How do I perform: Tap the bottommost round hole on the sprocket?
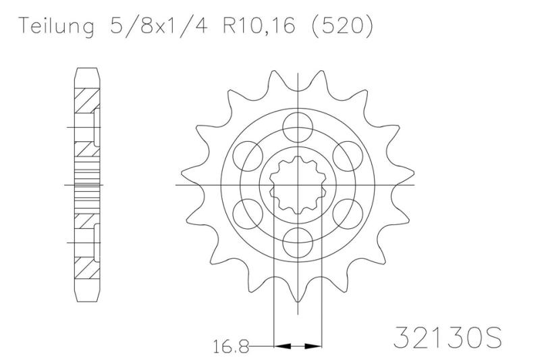pyautogui.click(x=295, y=241)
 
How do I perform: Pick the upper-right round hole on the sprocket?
pyautogui.click(x=345, y=155)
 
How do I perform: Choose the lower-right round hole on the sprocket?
pyautogui.click(x=345, y=212)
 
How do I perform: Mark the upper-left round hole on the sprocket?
pyautogui.click(x=245, y=155)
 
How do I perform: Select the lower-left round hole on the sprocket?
pyautogui.click(x=245, y=212)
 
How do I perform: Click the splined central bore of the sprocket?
pyautogui.click(x=295, y=184)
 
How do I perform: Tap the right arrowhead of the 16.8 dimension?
pyautogui.click(x=311, y=346)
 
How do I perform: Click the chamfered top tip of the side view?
pyautogui.click(x=86, y=70)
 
